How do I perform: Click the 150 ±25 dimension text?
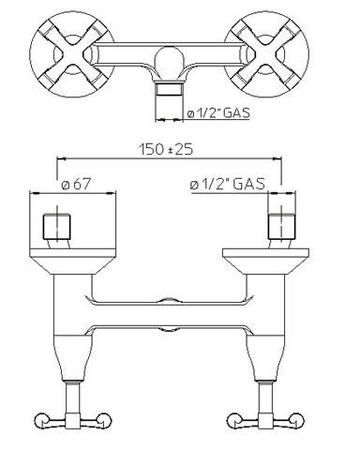click(166, 149)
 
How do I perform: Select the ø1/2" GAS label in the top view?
click(218, 112)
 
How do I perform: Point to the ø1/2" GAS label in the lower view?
click(228, 184)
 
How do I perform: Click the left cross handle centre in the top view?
click(72, 54)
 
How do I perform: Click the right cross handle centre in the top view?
click(266, 54)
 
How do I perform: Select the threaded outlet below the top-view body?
click(169, 90)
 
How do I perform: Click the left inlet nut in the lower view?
click(56, 226)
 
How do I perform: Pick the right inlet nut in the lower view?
click(281, 226)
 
